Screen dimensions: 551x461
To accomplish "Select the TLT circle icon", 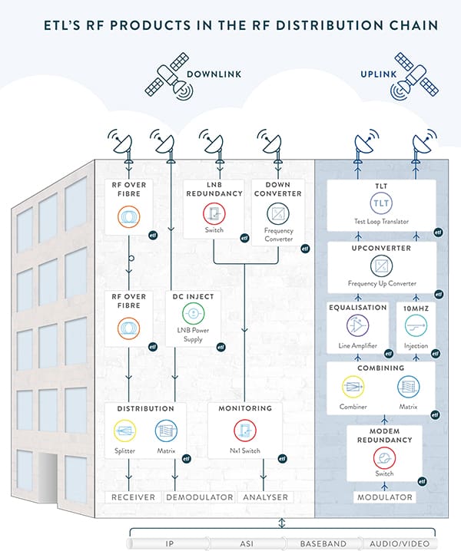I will (x=381, y=204).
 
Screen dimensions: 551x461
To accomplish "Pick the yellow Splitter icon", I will (x=124, y=431).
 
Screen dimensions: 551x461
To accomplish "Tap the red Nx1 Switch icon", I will (x=246, y=431).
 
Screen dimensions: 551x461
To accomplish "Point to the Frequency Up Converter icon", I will (x=381, y=266).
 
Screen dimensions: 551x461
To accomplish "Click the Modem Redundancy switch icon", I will (x=382, y=458).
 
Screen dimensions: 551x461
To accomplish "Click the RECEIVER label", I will (x=132, y=497).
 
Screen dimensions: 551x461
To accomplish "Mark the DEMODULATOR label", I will (x=201, y=497).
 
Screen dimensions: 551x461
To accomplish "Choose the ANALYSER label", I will (x=265, y=497).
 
